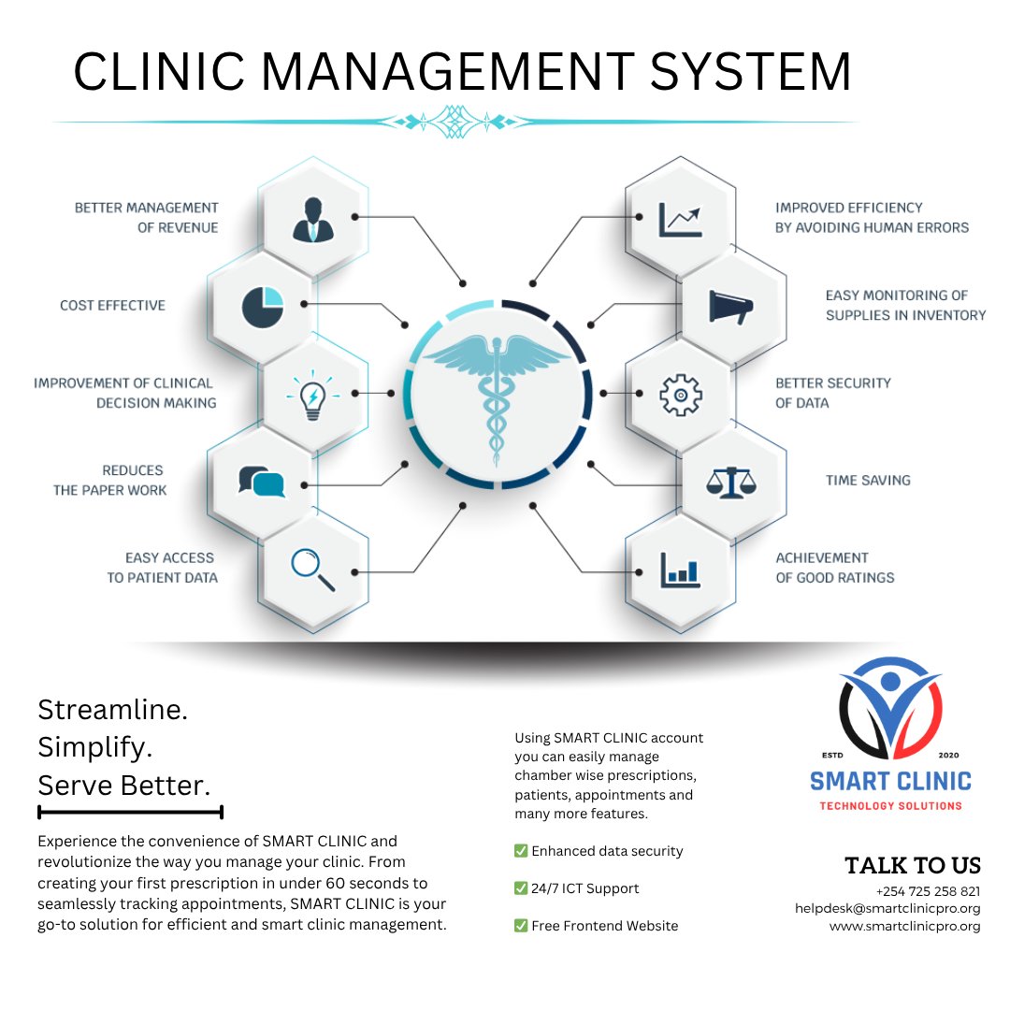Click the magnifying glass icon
[x=312, y=570]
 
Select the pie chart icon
[x=262, y=307]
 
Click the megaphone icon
[x=731, y=307]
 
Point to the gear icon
[x=681, y=395]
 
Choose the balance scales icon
[x=730, y=482]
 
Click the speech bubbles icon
[x=262, y=482]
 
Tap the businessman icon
[x=311, y=219]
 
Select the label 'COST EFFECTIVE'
[x=112, y=306]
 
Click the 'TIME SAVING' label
[x=867, y=481]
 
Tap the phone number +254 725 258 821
[x=928, y=891]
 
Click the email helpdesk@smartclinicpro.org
[x=887, y=909]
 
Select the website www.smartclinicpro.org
[x=904, y=927]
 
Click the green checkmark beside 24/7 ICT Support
[x=521, y=888]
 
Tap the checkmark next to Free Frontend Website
[x=521, y=926]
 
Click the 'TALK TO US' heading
[x=912, y=866]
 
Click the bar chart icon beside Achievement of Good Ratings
[x=680, y=570]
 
